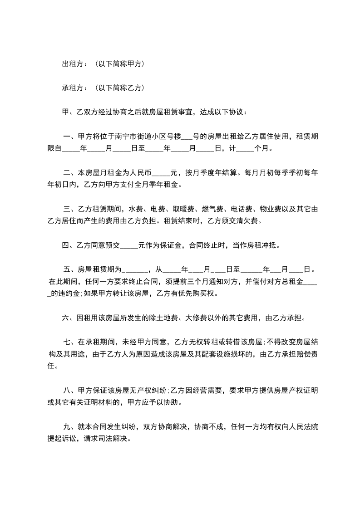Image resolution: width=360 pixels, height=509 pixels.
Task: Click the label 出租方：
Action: point(75,64)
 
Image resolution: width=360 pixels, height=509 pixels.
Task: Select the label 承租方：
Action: point(75,88)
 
